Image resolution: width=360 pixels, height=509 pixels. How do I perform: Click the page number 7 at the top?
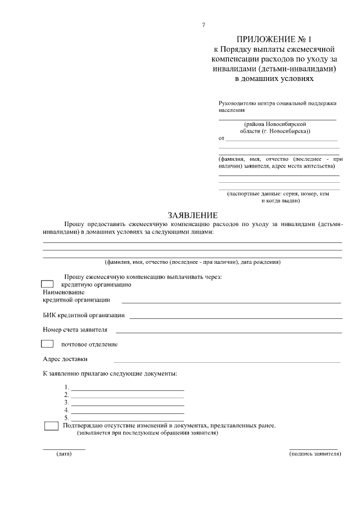pyautogui.click(x=203, y=25)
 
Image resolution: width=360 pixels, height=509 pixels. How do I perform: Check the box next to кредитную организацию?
pyautogui.click(x=48, y=285)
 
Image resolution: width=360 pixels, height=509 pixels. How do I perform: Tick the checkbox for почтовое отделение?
pyautogui.click(x=48, y=344)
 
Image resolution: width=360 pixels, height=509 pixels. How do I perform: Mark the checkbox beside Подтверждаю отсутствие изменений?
pyautogui.click(x=51, y=426)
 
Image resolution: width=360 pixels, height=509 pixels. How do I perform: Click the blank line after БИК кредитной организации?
pyautogui.click(x=235, y=318)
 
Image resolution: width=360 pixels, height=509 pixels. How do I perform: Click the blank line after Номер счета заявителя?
pyautogui.click(x=228, y=332)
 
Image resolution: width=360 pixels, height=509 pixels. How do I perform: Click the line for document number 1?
pyautogui.click(x=127, y=390)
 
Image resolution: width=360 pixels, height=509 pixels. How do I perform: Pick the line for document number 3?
pyautogui.click(x=127, y=405)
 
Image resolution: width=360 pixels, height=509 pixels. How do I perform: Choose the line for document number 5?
pyautogui.click(x=127, y=420)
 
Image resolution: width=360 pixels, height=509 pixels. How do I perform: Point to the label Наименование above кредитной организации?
pyautogui.click(x=64, y=292)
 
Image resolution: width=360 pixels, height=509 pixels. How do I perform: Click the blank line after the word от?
pyautogui.click(x=281, y=140)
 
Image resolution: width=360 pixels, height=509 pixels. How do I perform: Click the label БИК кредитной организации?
pyautogui.click(x=84, y=316)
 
